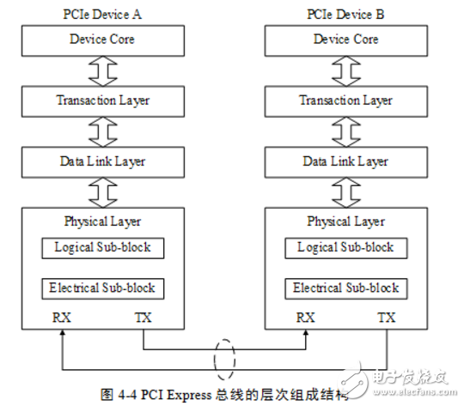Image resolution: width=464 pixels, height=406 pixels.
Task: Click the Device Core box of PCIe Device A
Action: tap(102, 39)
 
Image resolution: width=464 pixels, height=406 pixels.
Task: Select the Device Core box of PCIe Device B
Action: tap(345, 39)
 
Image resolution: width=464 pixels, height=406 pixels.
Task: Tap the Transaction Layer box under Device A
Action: tap(102, 100)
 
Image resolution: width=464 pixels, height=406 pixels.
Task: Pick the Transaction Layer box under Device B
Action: tap(345, 100)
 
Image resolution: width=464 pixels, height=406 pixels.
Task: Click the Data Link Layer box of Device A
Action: tap(102, 161)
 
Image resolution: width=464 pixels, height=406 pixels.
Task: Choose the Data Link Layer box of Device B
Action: tap(345, 161)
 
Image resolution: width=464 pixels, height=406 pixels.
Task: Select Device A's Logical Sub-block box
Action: tap(102, 247)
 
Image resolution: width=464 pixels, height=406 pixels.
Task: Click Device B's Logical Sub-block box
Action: tap(345, 247)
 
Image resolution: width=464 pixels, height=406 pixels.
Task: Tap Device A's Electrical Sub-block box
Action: tap(102, 288)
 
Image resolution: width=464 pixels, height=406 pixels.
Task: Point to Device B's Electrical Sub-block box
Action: tap(345, 288)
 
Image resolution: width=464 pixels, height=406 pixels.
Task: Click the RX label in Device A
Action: tap(61, 317)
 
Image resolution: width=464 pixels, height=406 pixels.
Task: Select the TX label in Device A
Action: tap(143, 317)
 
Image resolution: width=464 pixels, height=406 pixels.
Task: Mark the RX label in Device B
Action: tap(305, 317)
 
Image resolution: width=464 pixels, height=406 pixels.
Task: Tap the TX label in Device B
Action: tap(387, 317)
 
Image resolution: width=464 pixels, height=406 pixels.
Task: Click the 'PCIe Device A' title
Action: tap(102, 15)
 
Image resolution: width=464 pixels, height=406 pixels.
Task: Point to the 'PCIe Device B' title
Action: tap(345, 15)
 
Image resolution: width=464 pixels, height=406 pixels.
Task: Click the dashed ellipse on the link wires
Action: tap(225, 358)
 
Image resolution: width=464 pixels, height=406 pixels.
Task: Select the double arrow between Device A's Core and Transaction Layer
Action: tap(102, 70)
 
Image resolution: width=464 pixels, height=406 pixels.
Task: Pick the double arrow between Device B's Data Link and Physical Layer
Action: tap(345, 191)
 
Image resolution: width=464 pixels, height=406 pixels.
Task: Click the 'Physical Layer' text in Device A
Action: tap(102, 221)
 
